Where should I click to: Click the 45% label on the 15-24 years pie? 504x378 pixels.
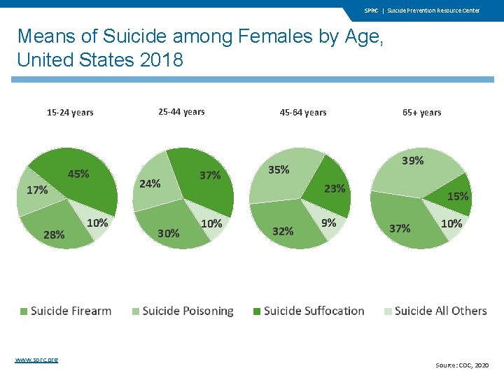coord(78,174)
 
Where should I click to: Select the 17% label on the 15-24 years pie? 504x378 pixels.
coord(37,190)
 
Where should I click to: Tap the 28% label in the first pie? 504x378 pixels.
coord(54,234)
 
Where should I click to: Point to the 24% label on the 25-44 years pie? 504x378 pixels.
coord(150,184)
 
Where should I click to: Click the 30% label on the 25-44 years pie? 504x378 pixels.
coord(168,232)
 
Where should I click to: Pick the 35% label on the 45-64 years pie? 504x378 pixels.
coord(279,169)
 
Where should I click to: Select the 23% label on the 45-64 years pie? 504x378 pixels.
coord(335,188)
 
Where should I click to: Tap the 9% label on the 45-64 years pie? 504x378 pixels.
coord(328,223)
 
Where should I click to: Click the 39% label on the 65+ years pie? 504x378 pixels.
coord(412,160)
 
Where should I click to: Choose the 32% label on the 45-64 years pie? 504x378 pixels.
coord(283,231)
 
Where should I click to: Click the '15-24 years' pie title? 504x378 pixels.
coord(70,112)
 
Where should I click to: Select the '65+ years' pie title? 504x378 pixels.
coord(422,112)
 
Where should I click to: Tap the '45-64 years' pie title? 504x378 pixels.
coord(303,112)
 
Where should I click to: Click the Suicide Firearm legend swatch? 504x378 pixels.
coord(24,311)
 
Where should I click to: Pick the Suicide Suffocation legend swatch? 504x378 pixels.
coord(257,311)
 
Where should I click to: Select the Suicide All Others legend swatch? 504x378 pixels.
coord(388,311)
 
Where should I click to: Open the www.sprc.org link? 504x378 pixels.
coord(36,360)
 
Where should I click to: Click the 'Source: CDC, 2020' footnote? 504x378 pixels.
coord(463,365)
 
